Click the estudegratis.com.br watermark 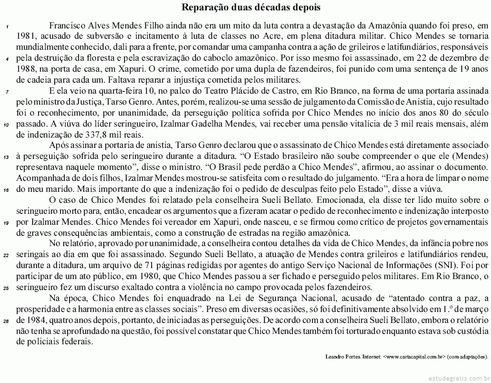[456, 377]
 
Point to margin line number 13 [5, 156]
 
